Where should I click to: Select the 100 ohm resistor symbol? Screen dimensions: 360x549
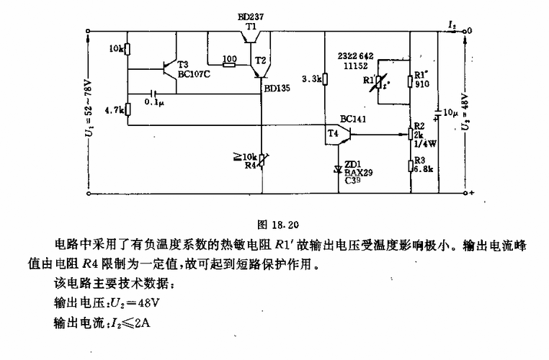click(230, 64)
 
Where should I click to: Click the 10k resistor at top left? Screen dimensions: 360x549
click(127, 49)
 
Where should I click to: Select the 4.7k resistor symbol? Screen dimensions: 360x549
click(127, 109)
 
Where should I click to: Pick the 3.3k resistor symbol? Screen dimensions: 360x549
click(325, 79)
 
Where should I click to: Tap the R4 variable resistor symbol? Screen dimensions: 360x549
click(261, 158)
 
